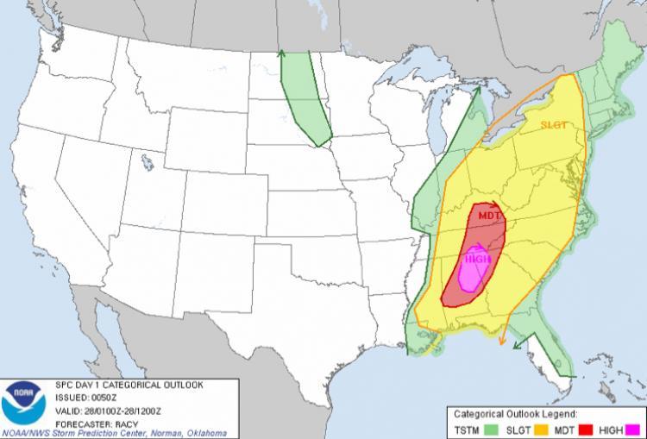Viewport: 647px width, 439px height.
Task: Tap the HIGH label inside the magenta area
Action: (477, 257)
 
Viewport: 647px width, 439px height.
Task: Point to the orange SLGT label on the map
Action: (554, 124)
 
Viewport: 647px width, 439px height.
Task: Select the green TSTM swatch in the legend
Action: (493, 429)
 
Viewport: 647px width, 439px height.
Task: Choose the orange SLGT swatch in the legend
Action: (543, 429)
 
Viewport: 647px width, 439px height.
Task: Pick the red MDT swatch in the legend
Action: (588, 429)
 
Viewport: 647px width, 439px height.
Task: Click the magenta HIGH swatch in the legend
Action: (638, 429)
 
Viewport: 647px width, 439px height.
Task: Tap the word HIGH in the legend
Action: (612, 429)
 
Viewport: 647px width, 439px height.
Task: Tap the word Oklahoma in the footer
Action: (207, 432)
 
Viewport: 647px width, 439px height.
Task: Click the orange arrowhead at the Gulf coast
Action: (501, 342)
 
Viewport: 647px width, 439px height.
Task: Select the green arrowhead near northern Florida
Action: (515, 348)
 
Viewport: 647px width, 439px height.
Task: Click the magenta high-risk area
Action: (472, 271)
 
